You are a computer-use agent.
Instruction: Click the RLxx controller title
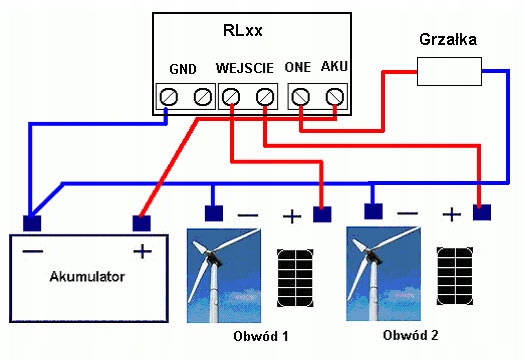(243, 30)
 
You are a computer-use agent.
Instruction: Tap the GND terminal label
(183, 69)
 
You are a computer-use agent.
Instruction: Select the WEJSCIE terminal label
(245, 68)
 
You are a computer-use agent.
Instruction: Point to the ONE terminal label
(298, 67)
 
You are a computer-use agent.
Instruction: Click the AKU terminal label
(334, 66)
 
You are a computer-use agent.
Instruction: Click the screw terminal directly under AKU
(335, 97)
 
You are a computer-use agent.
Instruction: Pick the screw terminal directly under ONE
(300, 97)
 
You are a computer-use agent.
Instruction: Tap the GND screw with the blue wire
(168, 97)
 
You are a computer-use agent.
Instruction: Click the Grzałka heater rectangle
(449, 71)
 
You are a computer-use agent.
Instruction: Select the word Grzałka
(448, 40)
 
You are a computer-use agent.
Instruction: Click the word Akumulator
(87, 277)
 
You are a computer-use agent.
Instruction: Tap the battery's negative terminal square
(32, 223)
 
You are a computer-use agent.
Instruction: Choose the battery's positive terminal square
(142, 223)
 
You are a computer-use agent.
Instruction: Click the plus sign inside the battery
(142, 251)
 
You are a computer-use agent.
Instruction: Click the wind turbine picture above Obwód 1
(224, 275)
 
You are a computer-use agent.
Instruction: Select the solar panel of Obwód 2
(455, 276)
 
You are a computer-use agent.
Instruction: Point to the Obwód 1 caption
(260, 336)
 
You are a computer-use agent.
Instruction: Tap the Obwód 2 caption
(410, 335)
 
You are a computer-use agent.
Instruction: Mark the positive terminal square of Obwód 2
(482, 212)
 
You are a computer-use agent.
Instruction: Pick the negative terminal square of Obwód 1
(214, 213)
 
